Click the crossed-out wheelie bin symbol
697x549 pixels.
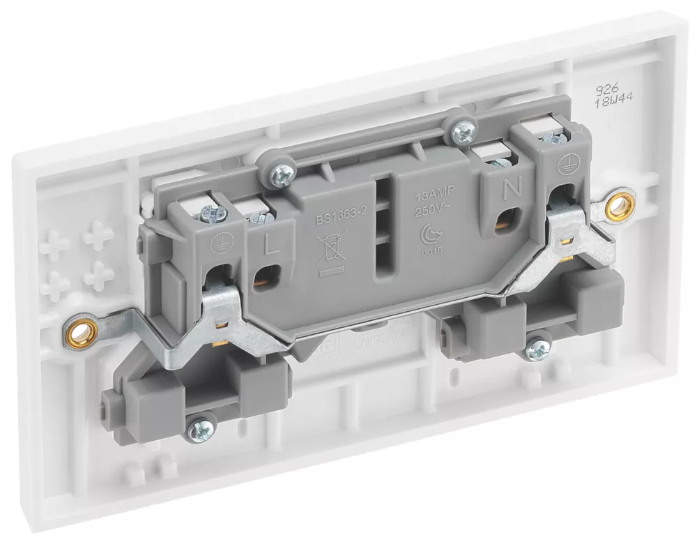[329, 249]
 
